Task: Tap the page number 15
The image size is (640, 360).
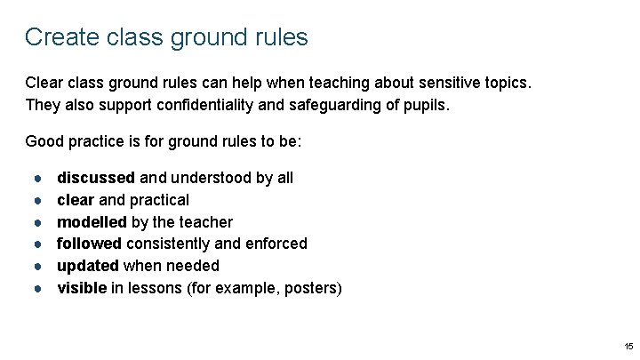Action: click(628, 346)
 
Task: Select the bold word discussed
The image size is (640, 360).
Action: click(95, 178)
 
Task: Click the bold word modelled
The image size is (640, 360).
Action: click(92, 221)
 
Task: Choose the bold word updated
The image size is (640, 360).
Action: click(88, 266)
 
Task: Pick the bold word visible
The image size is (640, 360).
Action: click(81, 287)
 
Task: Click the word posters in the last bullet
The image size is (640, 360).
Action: click(311, 287)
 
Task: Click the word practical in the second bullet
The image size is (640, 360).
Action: click(158, 200)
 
